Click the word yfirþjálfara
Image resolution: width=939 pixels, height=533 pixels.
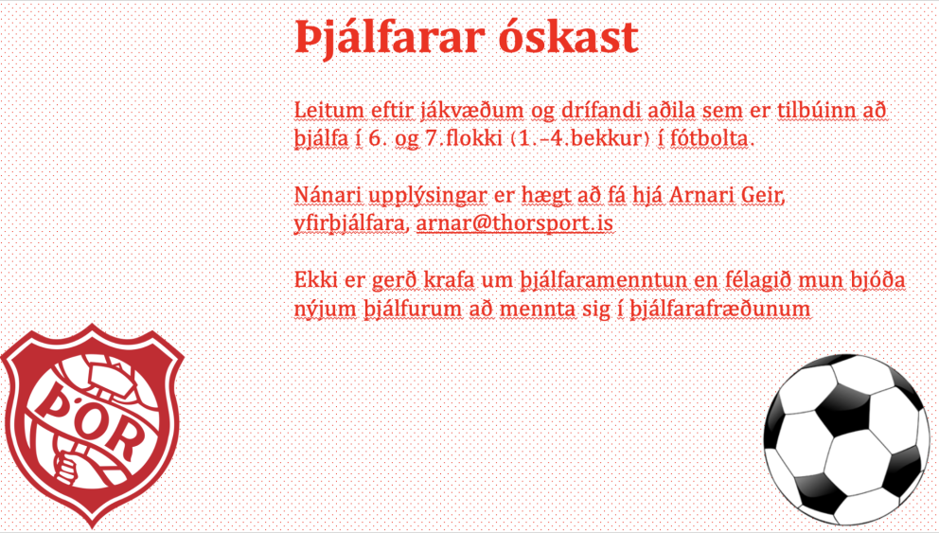tap(351, 225)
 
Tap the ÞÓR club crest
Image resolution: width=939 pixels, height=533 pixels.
tap(92, 426)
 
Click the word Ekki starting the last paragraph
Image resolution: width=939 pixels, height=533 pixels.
tap(315, 282)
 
